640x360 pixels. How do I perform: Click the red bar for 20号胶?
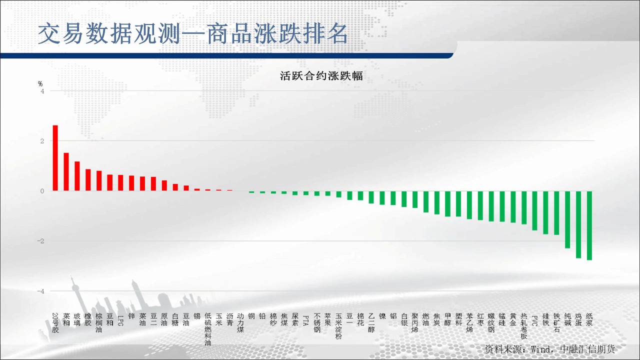click(55, 158)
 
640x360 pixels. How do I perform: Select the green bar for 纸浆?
click(589, 225)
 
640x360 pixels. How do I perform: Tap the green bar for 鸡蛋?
click(578, 224)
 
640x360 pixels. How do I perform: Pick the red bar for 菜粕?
click(66, 171)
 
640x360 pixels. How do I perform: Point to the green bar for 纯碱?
click(567, 219)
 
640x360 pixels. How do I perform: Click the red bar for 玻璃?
click(77, 176)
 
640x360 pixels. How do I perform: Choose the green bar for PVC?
click(535, 210)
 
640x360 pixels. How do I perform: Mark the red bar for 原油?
click(164, 185)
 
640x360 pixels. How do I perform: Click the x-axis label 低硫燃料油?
click(208, 329)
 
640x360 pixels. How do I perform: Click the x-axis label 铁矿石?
click(557, 323)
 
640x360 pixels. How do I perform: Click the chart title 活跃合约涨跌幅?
click(321, 76)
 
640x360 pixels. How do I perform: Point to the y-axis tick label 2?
click(42, 141)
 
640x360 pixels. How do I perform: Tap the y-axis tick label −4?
click(40, 291)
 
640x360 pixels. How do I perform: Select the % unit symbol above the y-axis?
click(40, 83)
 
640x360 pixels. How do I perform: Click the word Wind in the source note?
click(540, 349)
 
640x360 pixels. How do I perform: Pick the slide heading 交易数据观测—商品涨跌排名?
click(193, 33)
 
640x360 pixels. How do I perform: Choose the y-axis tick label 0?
click(42, 191)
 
